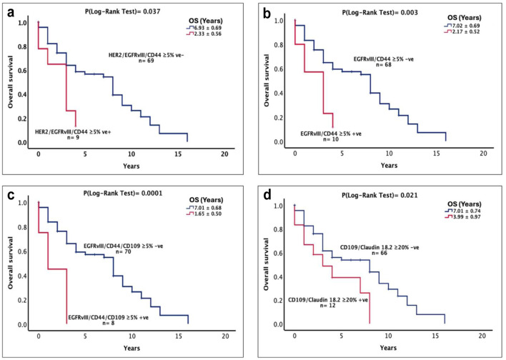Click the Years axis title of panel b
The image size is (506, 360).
pyautogui.click(x=389, y=165)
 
